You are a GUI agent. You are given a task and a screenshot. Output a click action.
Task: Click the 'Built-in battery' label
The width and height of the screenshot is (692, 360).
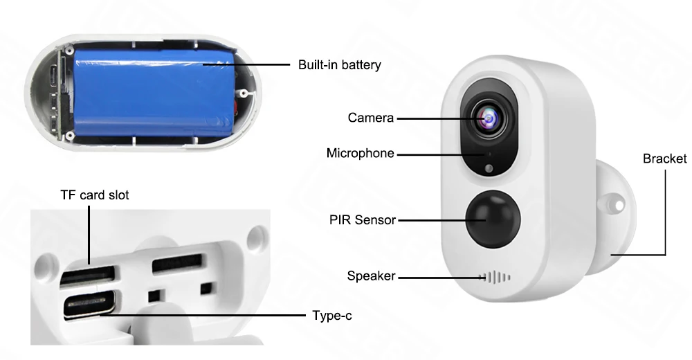(339, 65)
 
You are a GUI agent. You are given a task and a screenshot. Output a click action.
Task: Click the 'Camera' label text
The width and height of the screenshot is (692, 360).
(371, 118)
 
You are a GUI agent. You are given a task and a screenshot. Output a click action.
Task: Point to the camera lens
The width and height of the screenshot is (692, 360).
(489, 118)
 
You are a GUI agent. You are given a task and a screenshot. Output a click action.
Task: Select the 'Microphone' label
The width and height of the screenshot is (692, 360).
(360, 153)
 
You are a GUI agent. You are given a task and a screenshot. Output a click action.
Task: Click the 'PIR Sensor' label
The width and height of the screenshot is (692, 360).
(363, 220)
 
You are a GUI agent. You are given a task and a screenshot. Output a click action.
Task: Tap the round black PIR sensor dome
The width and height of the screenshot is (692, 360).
(493, 218)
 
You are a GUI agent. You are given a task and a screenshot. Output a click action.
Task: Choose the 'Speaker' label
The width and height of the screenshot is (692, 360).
(371, 276)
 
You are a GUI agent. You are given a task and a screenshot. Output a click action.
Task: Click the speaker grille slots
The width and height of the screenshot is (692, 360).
(495, 278)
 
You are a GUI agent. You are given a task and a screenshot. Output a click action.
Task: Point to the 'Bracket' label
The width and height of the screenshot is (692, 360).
(664, 159)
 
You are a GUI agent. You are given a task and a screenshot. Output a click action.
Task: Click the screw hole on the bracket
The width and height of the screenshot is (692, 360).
(619, 206)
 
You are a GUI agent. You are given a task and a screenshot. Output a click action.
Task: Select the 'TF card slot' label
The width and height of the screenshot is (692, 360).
(94, 195)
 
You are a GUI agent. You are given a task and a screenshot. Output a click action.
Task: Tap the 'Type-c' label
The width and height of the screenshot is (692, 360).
(332, 316)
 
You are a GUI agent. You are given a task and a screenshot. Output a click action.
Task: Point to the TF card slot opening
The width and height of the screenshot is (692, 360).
(87, 276)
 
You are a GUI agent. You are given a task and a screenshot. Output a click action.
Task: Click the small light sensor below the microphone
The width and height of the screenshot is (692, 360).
(489, 168)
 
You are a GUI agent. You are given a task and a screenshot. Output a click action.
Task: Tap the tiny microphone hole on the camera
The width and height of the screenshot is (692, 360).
(489, 154)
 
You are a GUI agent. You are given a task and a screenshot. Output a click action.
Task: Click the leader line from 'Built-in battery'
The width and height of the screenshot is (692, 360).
(246, 64)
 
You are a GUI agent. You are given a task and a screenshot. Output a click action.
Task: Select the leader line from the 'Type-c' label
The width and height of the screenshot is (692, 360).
(203, 316)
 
